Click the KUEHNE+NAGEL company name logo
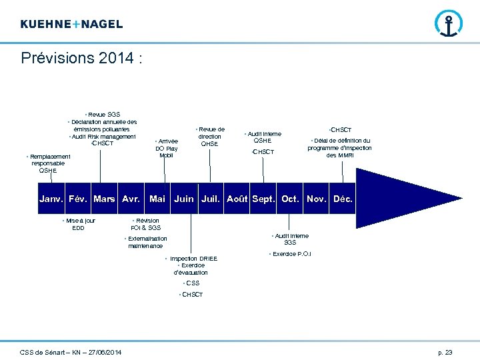point(71,24)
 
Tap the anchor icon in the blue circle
point(448,23)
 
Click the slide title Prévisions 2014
point(81,58)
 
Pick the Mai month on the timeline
point(157,199)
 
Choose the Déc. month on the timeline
point(343,199)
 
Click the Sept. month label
point(263,199)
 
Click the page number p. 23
point(445,351)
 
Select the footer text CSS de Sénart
point(71,351)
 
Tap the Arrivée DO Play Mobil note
point(167,148)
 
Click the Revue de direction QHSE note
point(209,136)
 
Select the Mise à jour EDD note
point(79,224)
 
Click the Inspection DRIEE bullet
point(193,258)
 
